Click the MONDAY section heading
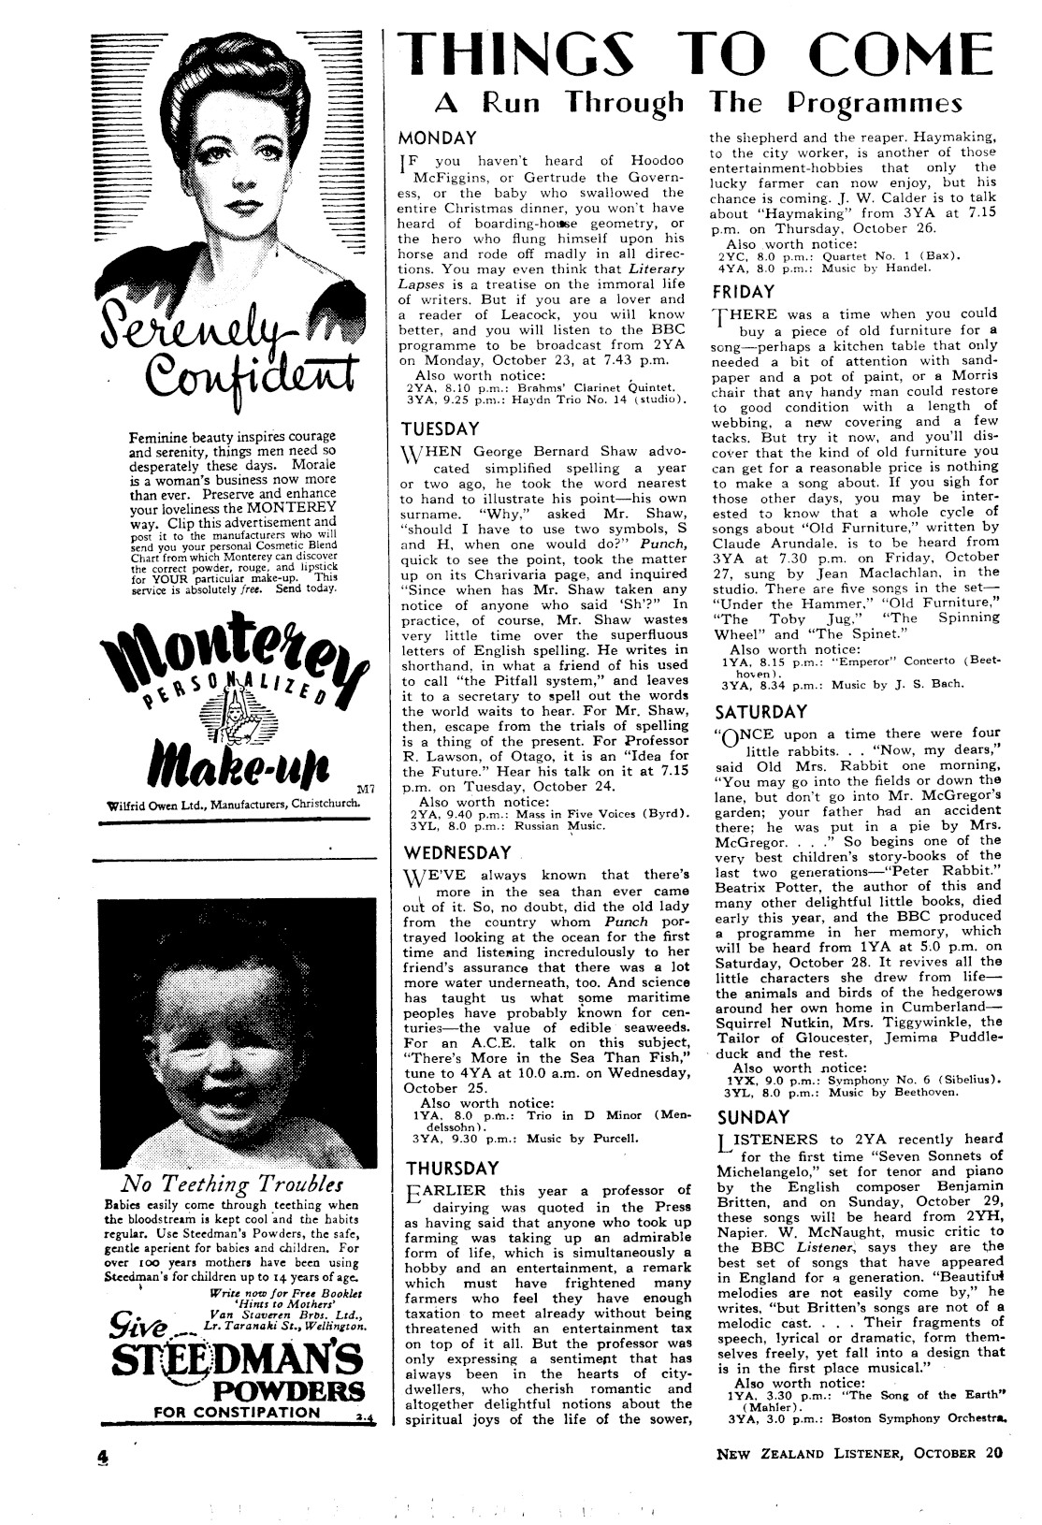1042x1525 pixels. click(x=439, y=138)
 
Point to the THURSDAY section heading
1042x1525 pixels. click(x=453, y=1168)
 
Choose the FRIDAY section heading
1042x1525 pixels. click(x=743, y=292)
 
